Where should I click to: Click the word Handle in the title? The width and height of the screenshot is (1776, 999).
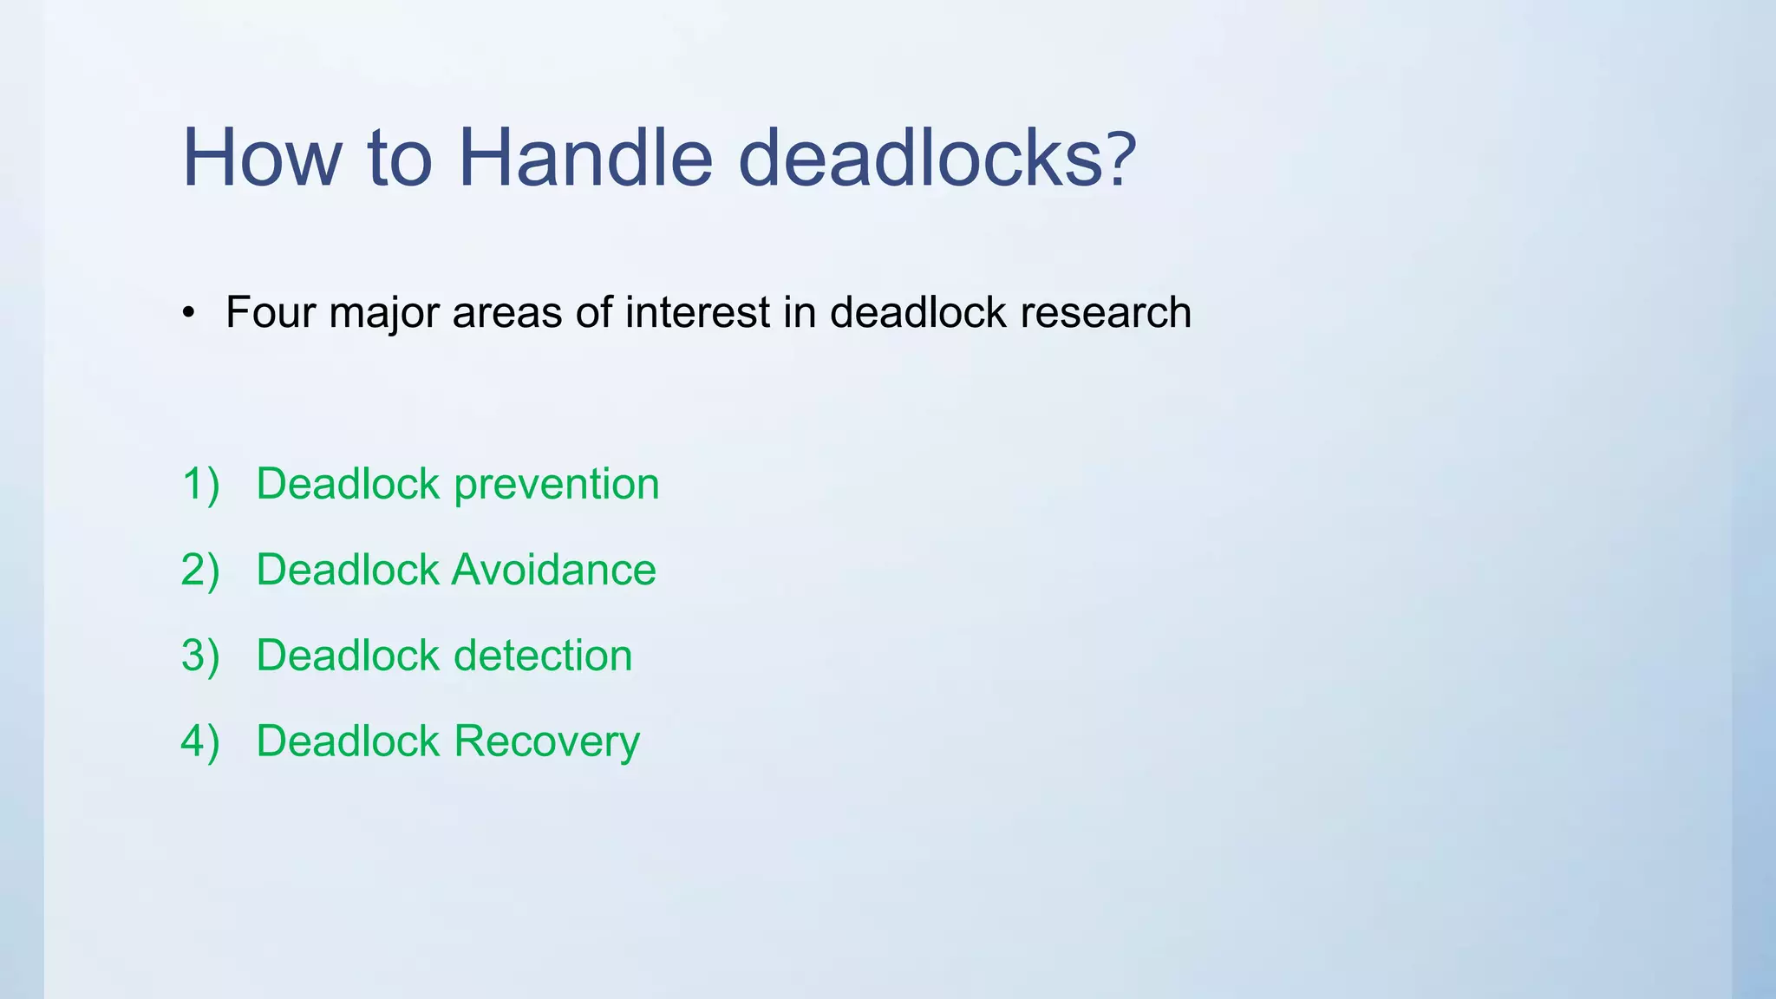[x=584, y=158]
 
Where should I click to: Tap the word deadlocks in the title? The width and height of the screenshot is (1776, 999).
[x=914, y=158]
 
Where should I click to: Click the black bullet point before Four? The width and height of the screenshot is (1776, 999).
[x=189, y=314]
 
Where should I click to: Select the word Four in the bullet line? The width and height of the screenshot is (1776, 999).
[x=270, y=312]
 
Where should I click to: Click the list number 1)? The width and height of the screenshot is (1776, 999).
[x=200, y=484]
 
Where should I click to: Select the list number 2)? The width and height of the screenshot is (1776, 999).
[x=200, y=570]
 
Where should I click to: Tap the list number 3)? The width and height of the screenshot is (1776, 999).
[x=200, y=656]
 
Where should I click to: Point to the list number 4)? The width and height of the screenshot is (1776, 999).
[x=200, y=741]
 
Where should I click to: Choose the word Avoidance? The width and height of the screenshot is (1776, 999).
[x=554, y=570]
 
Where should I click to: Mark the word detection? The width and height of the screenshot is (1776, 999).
[x=543, y=656]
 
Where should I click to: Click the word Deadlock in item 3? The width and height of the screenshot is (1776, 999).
[x=348, y=656]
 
